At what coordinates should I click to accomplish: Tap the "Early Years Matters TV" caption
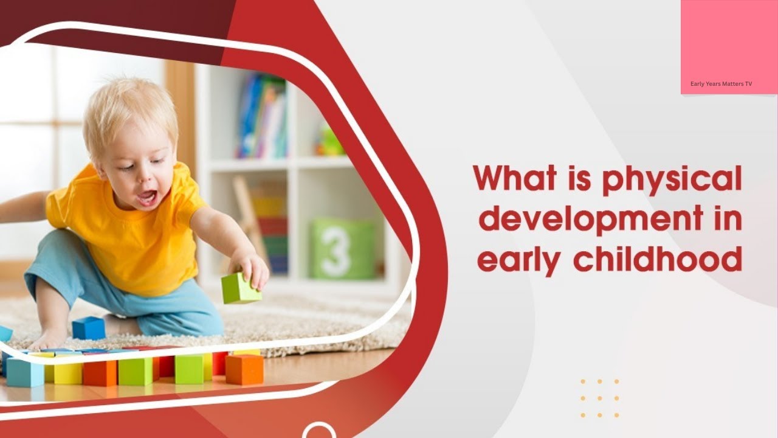coord(721,84)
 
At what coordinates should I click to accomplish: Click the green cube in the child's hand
coord(241,288)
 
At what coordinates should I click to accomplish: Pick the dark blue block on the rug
coord(89,328)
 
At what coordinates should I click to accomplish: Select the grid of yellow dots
coord(599,398)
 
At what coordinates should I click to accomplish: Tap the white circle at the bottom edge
coord(318,431)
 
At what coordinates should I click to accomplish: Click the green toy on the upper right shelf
coord(329,142)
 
